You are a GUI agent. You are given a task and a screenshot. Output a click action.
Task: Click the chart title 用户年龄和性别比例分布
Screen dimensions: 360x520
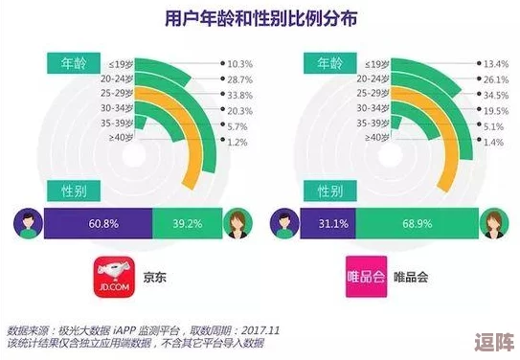coord(260,19)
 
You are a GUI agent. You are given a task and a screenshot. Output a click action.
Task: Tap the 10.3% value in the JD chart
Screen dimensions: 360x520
coord(240,62)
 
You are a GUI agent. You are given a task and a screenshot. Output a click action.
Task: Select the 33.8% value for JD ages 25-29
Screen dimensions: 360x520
coord(240,95)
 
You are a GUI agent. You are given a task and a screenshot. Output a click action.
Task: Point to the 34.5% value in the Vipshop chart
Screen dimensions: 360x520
coord(494,95)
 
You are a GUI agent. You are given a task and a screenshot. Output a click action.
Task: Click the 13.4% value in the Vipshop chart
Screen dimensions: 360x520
coord(494,62)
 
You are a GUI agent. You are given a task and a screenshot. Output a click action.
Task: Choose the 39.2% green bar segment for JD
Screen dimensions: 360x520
coord(188,223)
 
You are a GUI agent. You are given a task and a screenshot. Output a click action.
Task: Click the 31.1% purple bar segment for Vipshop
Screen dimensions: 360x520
coord(333,223)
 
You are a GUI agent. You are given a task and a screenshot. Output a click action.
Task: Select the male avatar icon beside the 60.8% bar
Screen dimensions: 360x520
coord(26,223)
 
